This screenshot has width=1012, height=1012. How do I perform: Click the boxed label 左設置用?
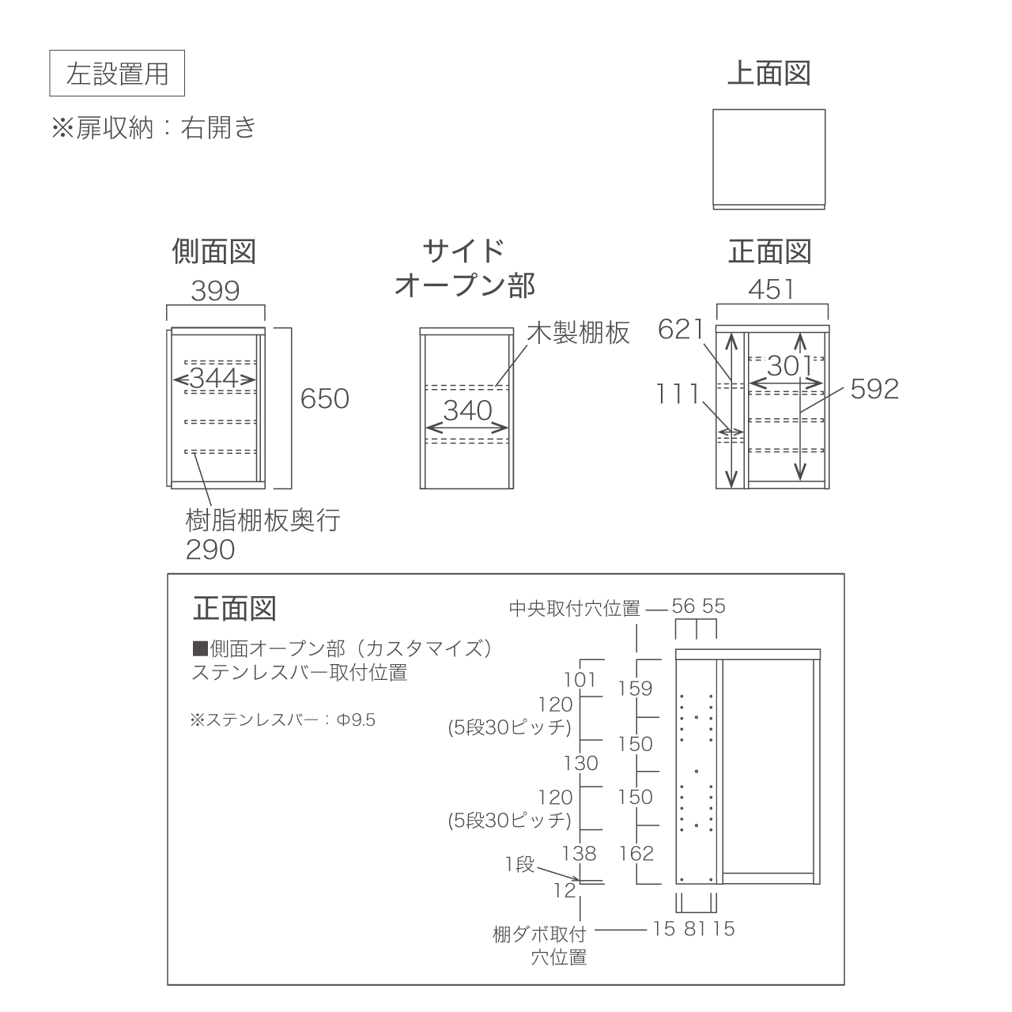[117, 74]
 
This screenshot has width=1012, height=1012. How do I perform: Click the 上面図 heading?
[768, 73]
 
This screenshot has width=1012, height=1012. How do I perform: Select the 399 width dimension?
[215, 290]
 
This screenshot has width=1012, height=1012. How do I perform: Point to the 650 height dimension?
[325, 398]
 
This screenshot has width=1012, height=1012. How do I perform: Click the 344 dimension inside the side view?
[214, 378]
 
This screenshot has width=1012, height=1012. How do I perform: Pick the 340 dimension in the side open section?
[467, 410]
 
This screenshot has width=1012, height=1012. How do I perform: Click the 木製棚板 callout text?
[578, 332]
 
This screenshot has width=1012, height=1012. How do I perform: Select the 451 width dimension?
[772, 289]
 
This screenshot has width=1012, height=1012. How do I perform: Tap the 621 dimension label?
[681, 330]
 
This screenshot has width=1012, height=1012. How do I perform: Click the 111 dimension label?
[678, 394]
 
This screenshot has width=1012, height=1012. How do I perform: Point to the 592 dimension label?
[874, 389]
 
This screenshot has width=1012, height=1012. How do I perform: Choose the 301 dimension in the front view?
[789, 365]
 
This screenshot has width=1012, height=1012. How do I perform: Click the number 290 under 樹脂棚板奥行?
[210, 549]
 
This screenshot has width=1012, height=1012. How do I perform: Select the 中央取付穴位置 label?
[575, 609]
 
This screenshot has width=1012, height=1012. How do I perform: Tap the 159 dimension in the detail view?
[635, 689]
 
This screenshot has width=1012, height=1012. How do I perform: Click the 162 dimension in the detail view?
[636, 853]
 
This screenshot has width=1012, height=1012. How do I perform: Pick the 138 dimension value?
[580, 853]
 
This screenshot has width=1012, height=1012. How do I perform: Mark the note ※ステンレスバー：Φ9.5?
[283, 719]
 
